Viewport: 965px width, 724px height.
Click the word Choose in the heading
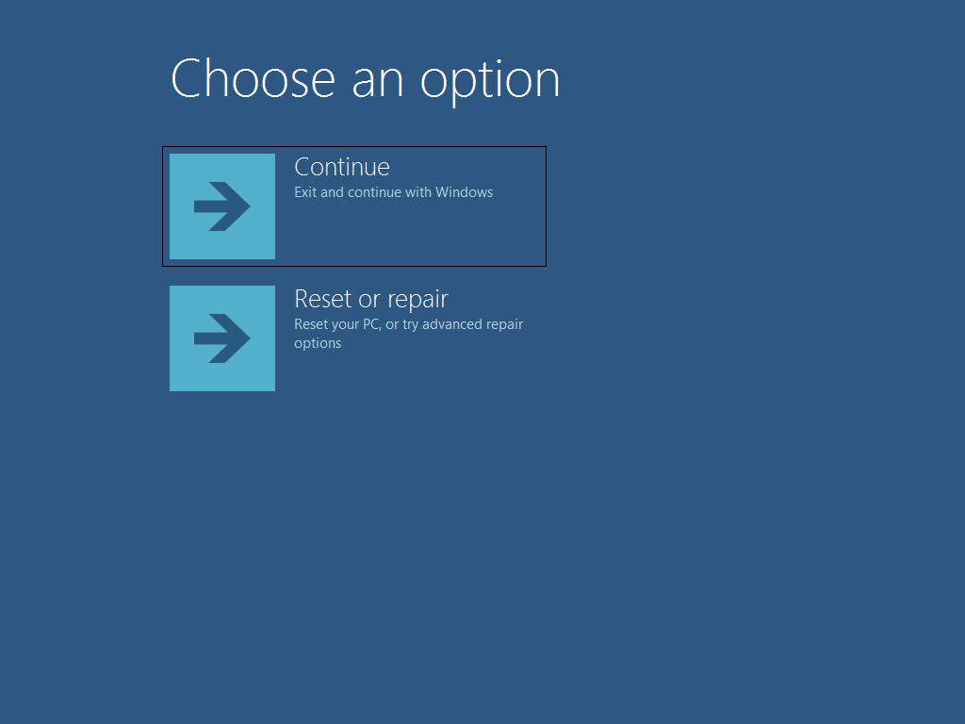click(x=253, y=78)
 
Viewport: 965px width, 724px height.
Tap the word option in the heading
click(x=490, y=81)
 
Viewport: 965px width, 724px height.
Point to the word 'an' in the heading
click(x=378, y=84)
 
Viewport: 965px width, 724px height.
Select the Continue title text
click(x=341, y=167)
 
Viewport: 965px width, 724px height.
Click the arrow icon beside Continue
click(x=222, y=206)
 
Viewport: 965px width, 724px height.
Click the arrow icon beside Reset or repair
click(x=222, y=338)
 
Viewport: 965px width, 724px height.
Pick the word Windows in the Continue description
click(x=464, y=192)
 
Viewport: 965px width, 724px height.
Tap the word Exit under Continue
click(x=305, y=192)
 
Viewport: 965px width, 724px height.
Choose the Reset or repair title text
click(x=371, y=299)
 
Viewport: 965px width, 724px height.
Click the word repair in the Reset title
click(x=417, y=301)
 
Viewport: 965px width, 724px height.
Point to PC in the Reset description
click(x=371, y=324)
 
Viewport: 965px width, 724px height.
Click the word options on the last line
click(x=318, y=343)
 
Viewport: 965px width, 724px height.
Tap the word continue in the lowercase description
click(x=374, y=192)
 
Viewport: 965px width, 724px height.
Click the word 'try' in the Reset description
click(x=411, y=325)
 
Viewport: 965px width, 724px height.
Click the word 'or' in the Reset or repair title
click(x=369, y=301)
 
